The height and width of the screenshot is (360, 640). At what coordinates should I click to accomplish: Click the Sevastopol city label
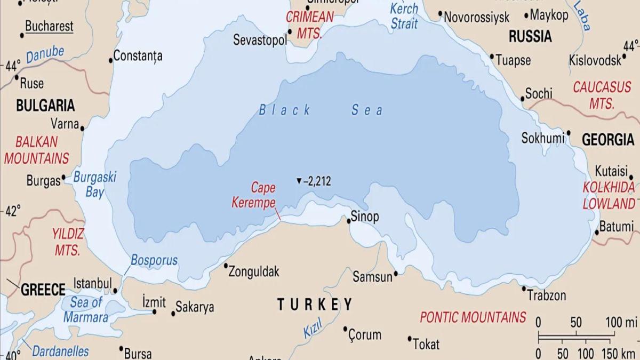pyautogui.click(x=260, y=40)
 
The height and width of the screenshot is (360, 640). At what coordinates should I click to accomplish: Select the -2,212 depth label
pyautogui.click(x=317, y=181)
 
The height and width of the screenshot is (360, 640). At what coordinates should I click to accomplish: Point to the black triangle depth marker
pyautogui.click(x=299, y=181)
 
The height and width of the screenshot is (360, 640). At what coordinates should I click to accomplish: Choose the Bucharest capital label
pyautogui.click(x=49, y=26)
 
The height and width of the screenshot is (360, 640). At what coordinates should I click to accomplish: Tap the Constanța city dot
pyautogui.click(x=111, y=60)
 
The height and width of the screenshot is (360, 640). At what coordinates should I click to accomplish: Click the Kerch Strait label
pyautogui.click(x=404, y=16)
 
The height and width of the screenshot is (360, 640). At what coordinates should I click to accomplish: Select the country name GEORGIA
pyautogui.click(x=607, y=140)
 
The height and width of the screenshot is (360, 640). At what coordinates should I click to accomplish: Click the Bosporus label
pyautogui.click(x=154, y=261)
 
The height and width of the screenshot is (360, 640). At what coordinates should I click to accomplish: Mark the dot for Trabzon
pyautogui.click(x=524, y=289)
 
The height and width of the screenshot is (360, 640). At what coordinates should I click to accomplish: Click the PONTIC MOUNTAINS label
pyautogui.click(x=473, y=317)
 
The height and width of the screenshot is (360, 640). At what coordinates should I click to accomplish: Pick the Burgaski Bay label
pyautogui.click(x=94, y=185)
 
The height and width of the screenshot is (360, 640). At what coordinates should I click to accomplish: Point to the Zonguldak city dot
pyautogui.click(x=226, y=266)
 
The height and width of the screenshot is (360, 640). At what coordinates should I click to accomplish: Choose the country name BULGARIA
pyautogui.click(x=45, y=105)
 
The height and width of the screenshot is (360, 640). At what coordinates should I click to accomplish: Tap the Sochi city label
pyautogui.click(x=539, y=94)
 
